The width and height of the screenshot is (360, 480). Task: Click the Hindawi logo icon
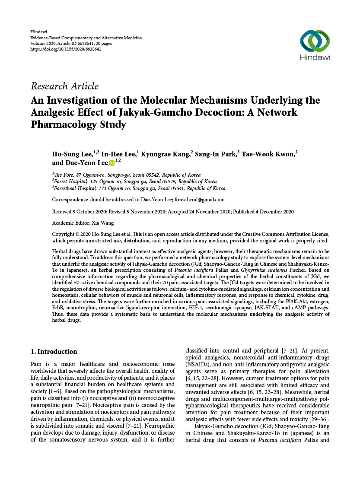[315, 41]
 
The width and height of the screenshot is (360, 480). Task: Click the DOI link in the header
[66, 49]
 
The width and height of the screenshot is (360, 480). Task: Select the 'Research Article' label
[64, 86]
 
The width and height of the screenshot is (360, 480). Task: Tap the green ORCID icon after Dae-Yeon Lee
[112, 163]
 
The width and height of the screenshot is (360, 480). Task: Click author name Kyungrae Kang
[166, 154]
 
